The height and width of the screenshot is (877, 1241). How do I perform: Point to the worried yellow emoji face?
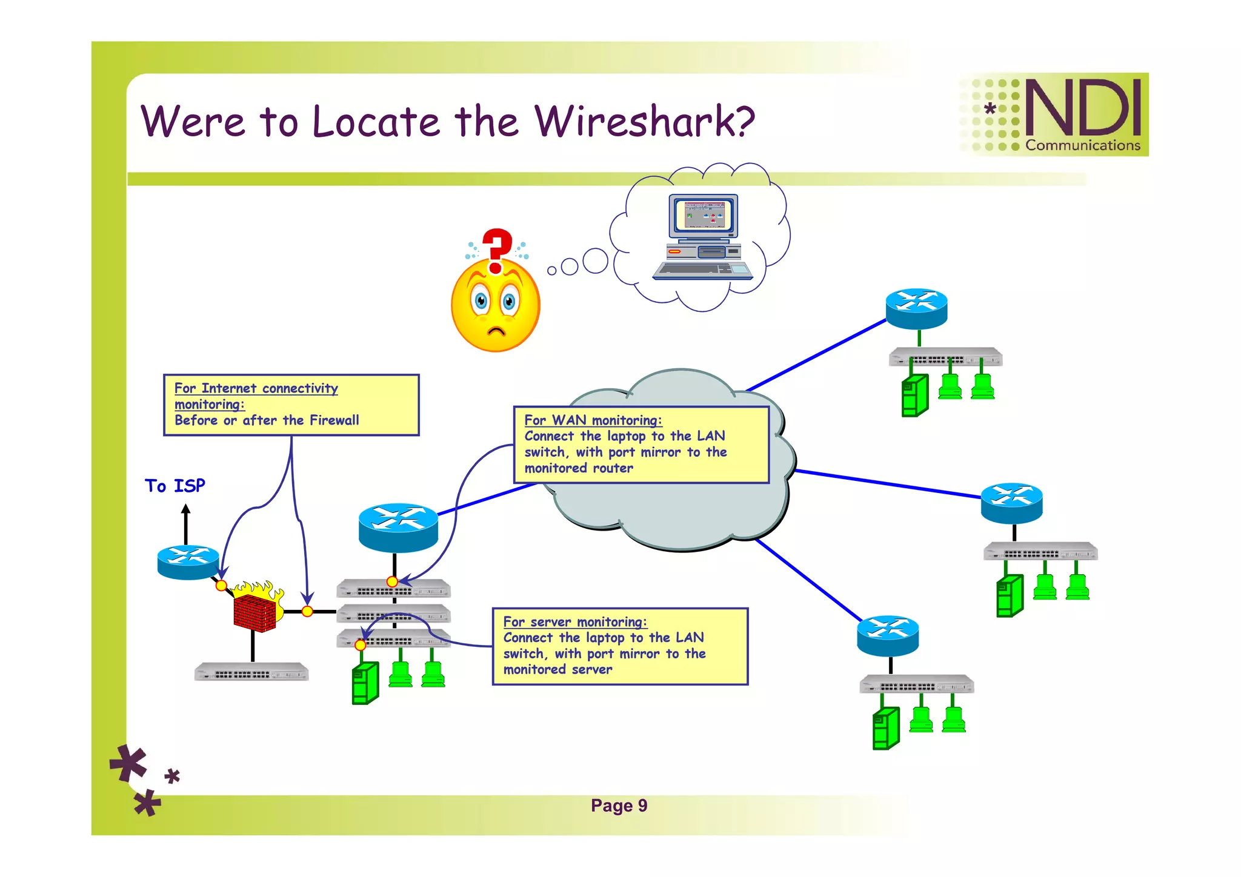pyautogui.click(x=495, y=306)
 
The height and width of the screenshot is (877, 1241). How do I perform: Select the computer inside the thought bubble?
pyautogui.click(x=704, y=237)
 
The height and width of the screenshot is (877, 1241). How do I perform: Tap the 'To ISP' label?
pyautogui.click(x=175, y=486)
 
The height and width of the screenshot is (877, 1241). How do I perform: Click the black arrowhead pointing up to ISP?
pyautogui.click(x=186, y=510)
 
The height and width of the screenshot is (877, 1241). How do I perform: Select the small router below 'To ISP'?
pyautogui.click(x=188, y=562)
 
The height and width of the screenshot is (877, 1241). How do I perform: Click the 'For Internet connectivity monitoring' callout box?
pyautogui.click(x=291, y=405)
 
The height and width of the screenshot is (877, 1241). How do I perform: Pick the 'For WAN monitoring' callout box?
pyautogui.click(x=640, y=445)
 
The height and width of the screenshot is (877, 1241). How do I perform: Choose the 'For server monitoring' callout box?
pyautogui.click(x=619, y=646)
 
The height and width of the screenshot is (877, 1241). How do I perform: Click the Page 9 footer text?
pyautogui.click(x=619, y=806)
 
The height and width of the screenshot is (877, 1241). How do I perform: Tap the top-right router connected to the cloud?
pyautogui.click(x=916, y=308)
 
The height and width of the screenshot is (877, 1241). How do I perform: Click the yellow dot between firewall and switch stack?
pyautogui.click(x=307, y=611)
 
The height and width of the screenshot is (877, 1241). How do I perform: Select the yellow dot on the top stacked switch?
pyautogui.click(x=392, y=581)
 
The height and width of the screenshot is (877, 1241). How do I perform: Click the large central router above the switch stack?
pyautogui.click(x=398, y=527)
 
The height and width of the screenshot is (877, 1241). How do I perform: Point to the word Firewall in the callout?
pyautogui.click(x=334, y=420)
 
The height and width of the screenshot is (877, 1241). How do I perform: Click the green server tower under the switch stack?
pyautogui.click(x=365, y=683)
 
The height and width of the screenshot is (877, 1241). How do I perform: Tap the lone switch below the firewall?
pyautogui.click(x=251, y=672)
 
